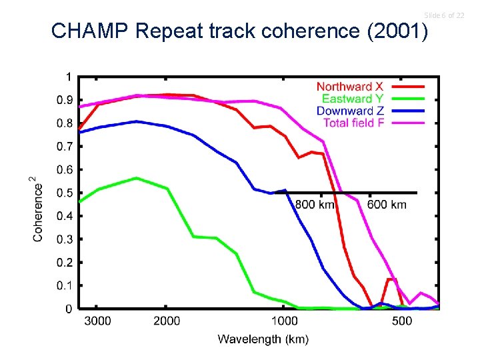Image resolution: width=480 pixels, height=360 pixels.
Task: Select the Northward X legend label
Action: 349,87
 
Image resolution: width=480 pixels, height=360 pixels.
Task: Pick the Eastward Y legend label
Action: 350,99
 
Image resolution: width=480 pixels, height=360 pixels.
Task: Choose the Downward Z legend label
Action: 350,111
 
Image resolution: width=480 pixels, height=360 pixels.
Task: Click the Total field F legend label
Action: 353,123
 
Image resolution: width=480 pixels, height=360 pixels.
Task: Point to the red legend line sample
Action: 407,87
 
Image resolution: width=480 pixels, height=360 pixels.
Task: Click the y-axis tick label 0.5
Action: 65,193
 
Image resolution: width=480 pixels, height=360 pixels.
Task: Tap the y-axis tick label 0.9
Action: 65,100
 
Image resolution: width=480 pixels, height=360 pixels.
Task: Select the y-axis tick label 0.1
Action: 65,285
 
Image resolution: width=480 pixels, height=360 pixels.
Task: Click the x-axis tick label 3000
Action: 97,321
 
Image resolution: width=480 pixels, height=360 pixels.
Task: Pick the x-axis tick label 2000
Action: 167,321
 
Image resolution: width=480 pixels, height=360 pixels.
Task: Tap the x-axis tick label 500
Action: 402,321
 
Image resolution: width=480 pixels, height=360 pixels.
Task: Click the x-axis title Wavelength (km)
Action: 263,339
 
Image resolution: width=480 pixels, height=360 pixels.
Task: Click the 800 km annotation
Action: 315,205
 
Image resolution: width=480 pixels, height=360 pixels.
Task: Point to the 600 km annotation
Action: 387,205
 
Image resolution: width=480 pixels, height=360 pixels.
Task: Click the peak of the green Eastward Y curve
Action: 136,178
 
